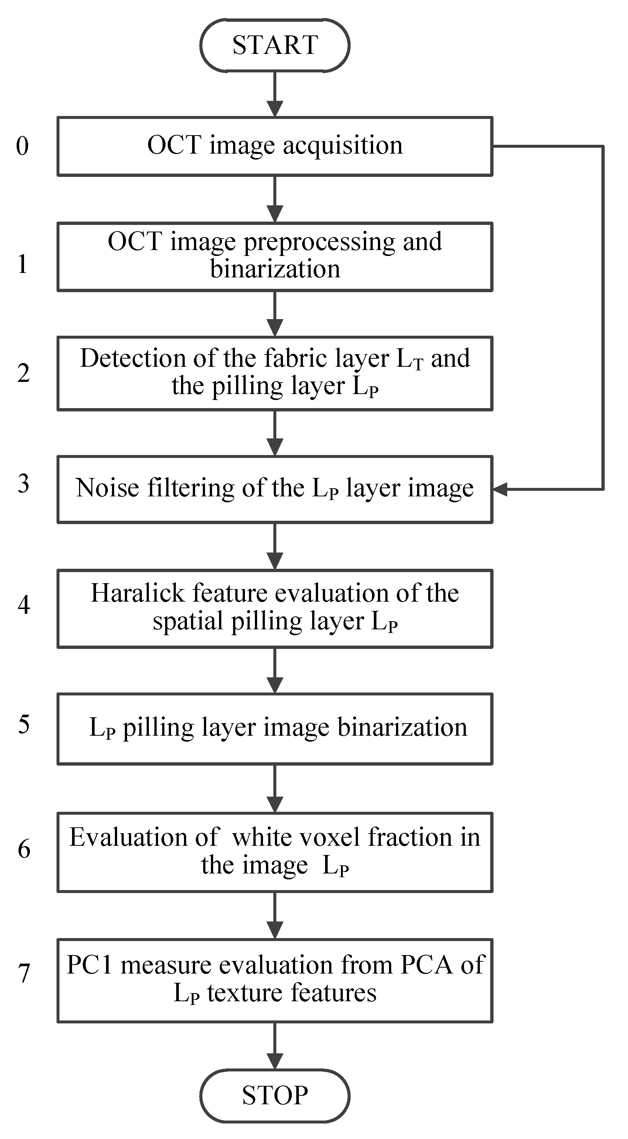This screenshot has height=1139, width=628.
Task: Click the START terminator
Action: (274, 45)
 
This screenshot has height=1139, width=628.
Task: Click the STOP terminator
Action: (274, 1095)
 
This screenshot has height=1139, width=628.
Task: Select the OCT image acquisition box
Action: (274, 146)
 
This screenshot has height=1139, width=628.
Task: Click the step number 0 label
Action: (22, 146)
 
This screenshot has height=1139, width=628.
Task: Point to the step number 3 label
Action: (23, 483)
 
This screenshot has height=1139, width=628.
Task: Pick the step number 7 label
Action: (23, 973)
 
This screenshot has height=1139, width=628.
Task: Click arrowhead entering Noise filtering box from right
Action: (500, 489)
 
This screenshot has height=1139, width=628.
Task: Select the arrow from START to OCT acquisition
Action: (274, 94)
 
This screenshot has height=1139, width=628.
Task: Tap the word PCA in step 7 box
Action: (426, 965)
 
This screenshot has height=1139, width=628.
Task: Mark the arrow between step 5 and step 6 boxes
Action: (274, 788)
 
